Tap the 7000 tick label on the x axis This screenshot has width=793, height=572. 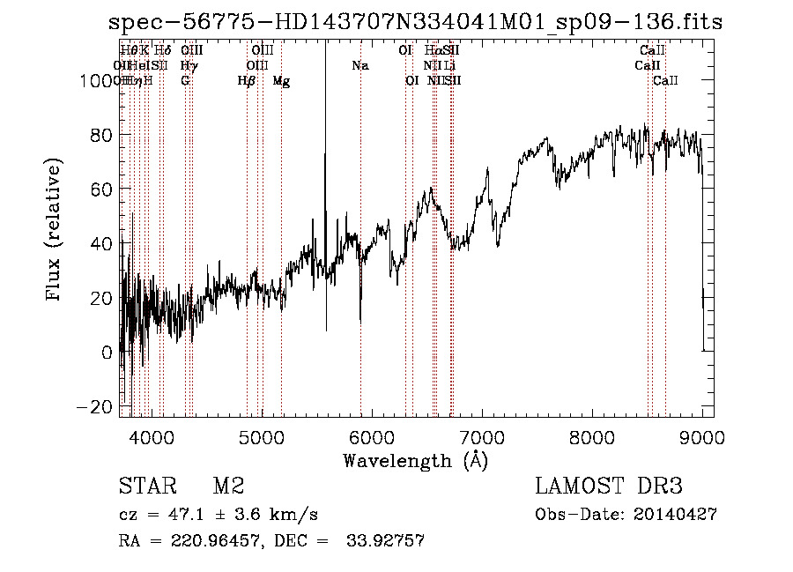482,435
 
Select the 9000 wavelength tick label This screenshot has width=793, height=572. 702,435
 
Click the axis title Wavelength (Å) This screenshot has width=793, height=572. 415,460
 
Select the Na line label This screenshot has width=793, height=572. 359,66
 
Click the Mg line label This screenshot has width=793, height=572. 281,81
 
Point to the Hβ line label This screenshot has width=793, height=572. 247,81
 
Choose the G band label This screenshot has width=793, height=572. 185,81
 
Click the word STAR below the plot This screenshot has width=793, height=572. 145,487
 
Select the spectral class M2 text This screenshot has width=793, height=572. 228,487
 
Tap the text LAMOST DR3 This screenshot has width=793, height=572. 609,487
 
